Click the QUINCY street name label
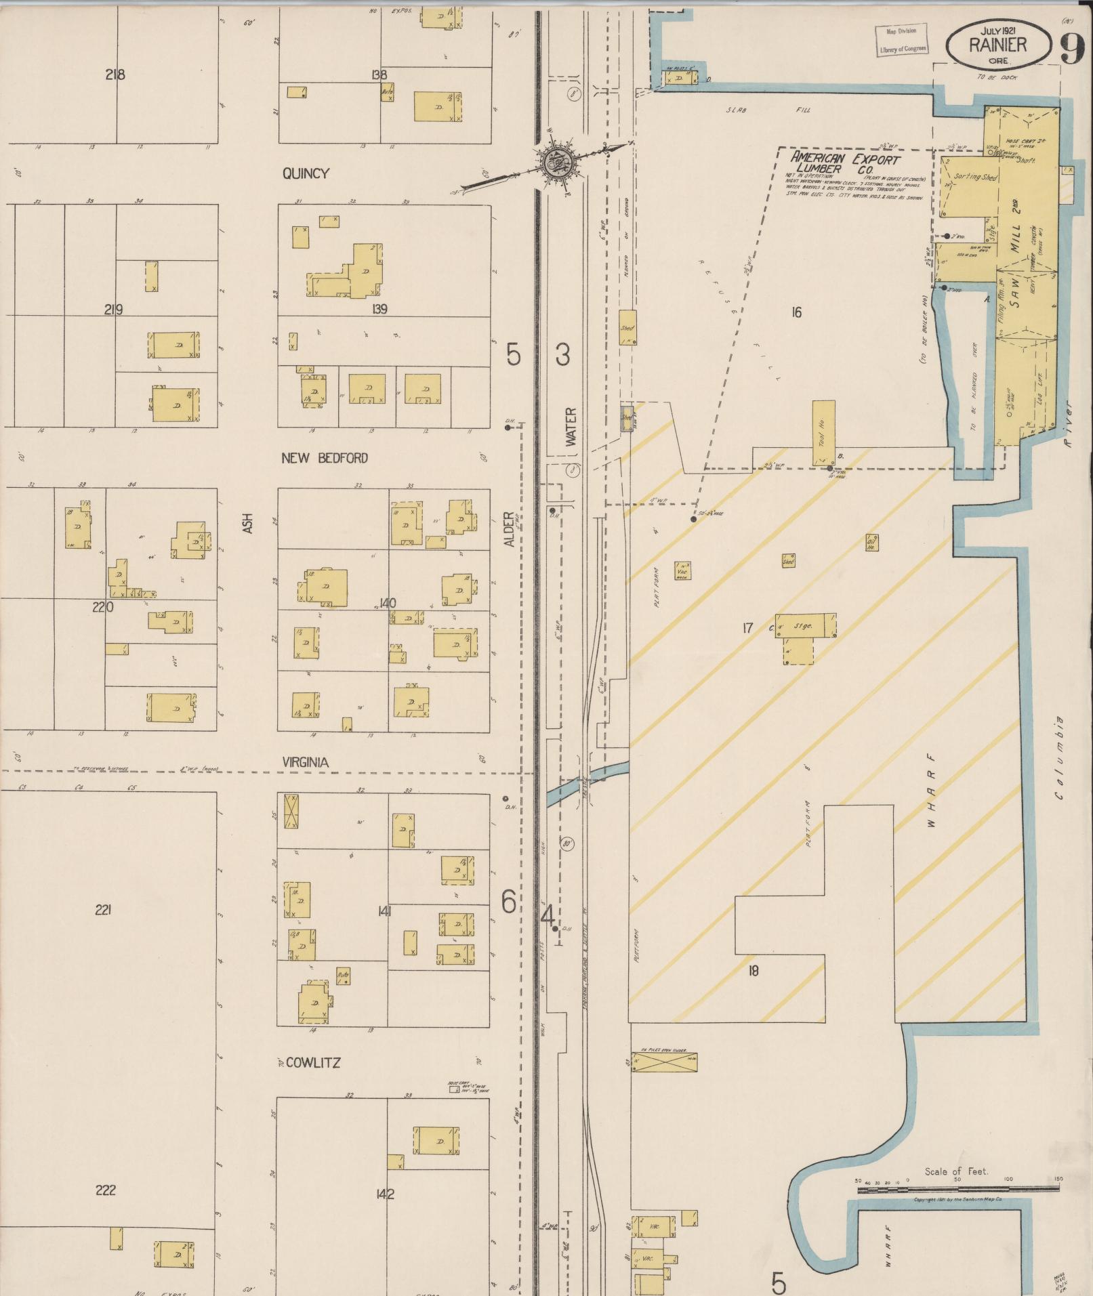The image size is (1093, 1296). [x=306, y=174]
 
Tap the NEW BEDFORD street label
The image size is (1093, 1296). [x=324, y=459]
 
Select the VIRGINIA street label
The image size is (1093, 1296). [x=305, y=763]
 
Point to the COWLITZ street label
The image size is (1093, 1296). [x=312, y=1063]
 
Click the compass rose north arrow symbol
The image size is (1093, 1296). [x=558, y=163]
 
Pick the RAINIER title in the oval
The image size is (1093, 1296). [x=997, y=45]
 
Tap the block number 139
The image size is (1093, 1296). [x=379, y=310]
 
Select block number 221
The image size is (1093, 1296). [x=103, y=910]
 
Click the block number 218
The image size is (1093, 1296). [x=115, y=75]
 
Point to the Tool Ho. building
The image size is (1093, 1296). [x=823, y=434]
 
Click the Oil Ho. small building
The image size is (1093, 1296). [x=871, y=543]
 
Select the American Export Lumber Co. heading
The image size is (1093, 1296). [x=844, y=163]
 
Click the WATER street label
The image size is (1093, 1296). [x=571, y=427]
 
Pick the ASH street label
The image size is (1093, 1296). [x=248, y=522]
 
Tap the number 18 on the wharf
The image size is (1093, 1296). [x=753, y=971]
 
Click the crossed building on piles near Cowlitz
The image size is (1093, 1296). [x=663, y=1062]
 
